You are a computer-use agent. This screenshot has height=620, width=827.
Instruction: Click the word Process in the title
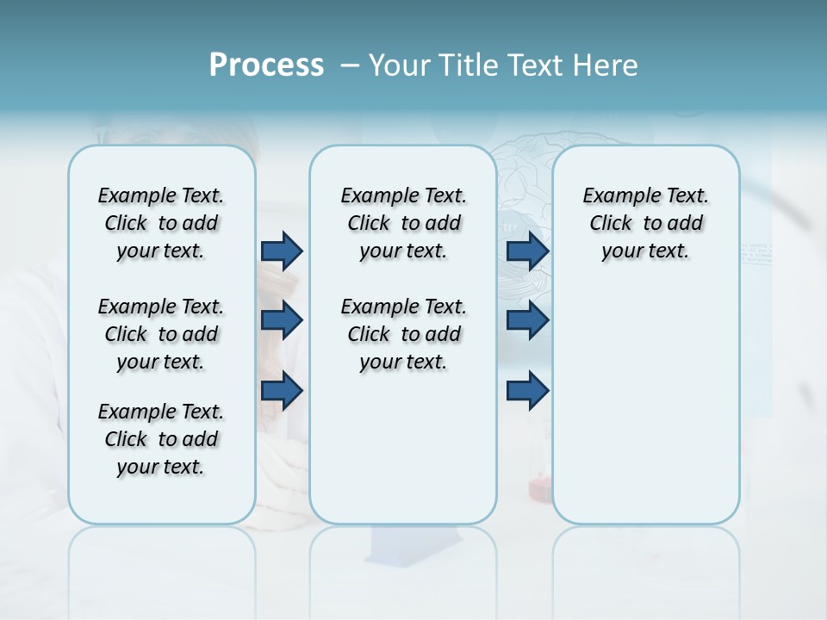[266, 65]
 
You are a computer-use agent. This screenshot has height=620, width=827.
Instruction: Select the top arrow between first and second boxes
[282, 251]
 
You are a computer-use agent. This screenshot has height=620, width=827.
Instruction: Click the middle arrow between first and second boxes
[282, 320]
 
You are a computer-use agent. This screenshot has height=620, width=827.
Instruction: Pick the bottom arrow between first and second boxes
[282, 391]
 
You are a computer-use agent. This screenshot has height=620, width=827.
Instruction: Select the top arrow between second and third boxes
[528, 251]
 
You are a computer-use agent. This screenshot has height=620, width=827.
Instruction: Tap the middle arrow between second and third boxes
[528, 320]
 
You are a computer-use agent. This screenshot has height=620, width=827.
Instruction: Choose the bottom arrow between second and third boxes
[528, 391]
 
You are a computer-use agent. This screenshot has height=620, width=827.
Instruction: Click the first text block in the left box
[161, 223]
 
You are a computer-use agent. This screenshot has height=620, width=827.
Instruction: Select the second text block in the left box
[161, 334]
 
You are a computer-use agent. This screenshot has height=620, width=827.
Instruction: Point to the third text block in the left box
[161, 439]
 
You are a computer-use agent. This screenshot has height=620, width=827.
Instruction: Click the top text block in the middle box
[403, 223]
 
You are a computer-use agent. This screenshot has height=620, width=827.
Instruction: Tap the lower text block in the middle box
[403, 334]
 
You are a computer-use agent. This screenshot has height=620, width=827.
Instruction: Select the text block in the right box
[645, 223]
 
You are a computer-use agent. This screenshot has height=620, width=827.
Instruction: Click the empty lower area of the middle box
[403, 448]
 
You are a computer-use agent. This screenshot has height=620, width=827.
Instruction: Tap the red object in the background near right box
[540, 489]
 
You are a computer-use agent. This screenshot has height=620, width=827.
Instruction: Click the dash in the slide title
[350, 65]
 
